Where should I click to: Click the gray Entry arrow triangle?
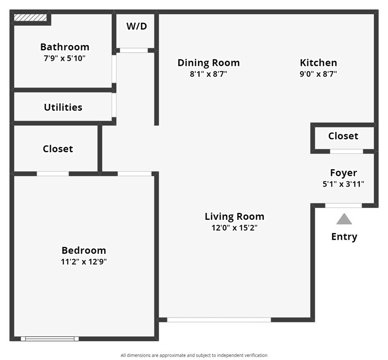click(344, 219)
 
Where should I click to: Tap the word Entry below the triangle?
click(344, 237)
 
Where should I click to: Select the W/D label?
click(137, 26)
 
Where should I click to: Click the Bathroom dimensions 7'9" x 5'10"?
click(65, 58)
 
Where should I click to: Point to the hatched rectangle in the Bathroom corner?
click(30, 17)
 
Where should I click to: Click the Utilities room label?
click(63, 107)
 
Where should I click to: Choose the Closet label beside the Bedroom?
click(58, 149)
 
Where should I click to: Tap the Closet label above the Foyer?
click(343, 136)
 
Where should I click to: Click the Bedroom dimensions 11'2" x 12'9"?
click(84, 262)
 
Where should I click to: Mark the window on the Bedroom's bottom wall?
click(50, 339)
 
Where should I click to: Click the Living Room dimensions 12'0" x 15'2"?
click(234, 228)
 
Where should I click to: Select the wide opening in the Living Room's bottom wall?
click(219, 319)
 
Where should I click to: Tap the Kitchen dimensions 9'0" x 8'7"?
click(318, 74)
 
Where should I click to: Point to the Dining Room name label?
click(209, 63)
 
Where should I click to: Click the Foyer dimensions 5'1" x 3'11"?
click(343, 184)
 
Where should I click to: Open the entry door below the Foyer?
click(343, 206)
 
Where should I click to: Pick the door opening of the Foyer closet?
click(346, 151)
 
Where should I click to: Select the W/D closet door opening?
click(134, 51)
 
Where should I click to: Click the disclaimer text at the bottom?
click(194, 355)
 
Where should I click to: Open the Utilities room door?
click(114, 105)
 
